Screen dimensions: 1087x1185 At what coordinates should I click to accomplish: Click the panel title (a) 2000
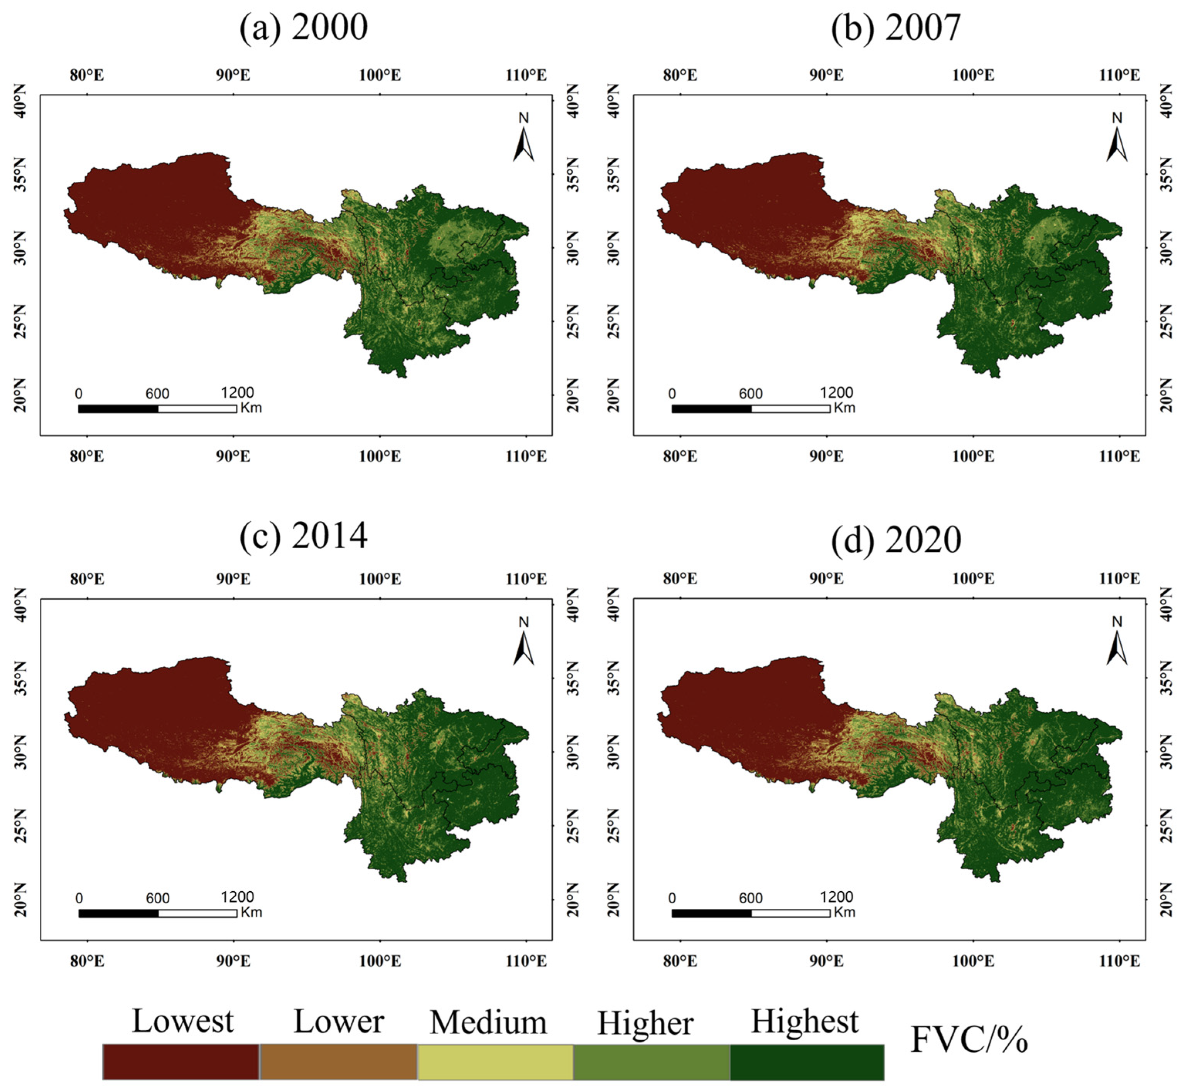pos(304,28)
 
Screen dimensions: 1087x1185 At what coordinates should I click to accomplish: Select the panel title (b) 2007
pos(896,28)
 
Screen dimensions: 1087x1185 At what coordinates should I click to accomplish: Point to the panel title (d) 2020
pos(896,539)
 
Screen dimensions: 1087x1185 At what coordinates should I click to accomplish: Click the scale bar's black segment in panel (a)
pos(118,409)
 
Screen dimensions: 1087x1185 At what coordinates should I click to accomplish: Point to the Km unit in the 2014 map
pos(251,912)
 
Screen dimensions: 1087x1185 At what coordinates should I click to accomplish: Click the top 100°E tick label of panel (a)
pos(380,75)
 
